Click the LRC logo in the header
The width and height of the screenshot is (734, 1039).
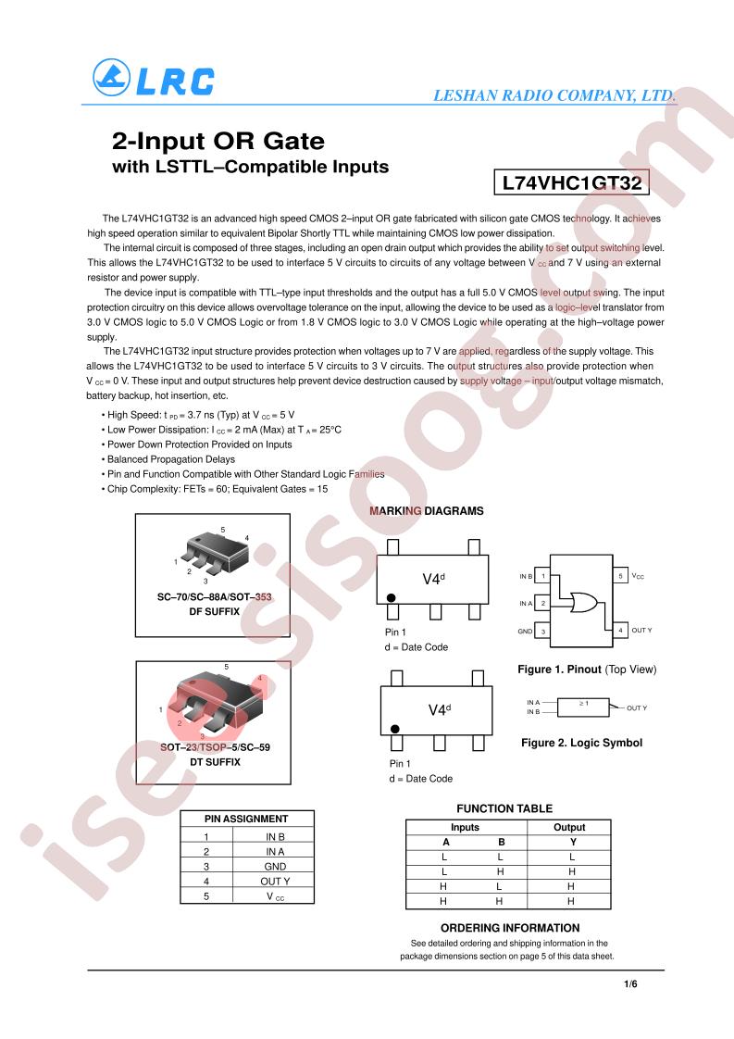(154, 78)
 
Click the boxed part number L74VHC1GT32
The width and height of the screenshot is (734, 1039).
(572, 182)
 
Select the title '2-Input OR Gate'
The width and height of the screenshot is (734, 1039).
(218, 141)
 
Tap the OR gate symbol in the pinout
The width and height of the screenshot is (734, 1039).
(583, 602)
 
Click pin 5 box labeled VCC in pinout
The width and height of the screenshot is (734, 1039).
(620, 576)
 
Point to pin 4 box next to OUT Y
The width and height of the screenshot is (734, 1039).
(620, 630)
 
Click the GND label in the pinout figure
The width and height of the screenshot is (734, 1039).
(525, 632)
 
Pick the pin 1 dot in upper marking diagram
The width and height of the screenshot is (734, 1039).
(391, 597)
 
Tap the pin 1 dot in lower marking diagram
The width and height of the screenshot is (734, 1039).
(395, 729)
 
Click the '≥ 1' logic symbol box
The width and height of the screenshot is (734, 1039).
(584, 707)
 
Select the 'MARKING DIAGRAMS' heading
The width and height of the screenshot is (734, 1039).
(427, 511)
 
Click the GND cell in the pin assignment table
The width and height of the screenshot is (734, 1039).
(275, 867)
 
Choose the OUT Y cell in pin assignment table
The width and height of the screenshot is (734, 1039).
(275, 882)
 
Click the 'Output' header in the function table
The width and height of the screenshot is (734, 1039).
(569, 827)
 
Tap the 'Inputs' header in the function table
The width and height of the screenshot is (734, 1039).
(465, 827)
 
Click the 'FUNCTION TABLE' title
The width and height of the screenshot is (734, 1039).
(504, 808)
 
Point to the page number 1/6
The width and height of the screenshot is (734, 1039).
(630, 984)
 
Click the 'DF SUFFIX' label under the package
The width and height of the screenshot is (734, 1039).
(214, 611)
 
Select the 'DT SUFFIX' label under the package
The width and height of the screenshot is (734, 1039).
(215, 762)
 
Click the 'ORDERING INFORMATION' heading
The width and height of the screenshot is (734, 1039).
(510, 928)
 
